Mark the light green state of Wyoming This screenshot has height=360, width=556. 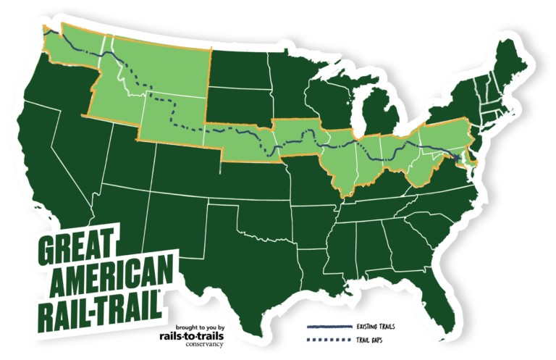click(x=174, y=116)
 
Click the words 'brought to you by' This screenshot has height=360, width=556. click(x=197, y=326)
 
